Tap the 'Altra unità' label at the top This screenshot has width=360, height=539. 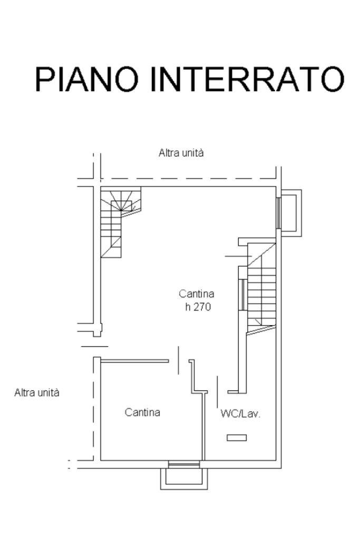tap(181, 153)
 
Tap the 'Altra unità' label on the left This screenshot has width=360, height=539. tap(37, 393)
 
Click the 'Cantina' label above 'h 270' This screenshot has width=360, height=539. tap(196, 294)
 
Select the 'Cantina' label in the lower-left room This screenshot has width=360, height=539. tap(142, 413)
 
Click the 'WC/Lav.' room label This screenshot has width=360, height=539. tap(240, 414)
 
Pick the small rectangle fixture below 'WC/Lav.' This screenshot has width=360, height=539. tap(236, 437)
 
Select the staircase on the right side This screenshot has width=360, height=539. tap(261, 287)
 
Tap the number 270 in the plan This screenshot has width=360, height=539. tap(202, 307)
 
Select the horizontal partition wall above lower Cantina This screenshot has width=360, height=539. tap(134, 361)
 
